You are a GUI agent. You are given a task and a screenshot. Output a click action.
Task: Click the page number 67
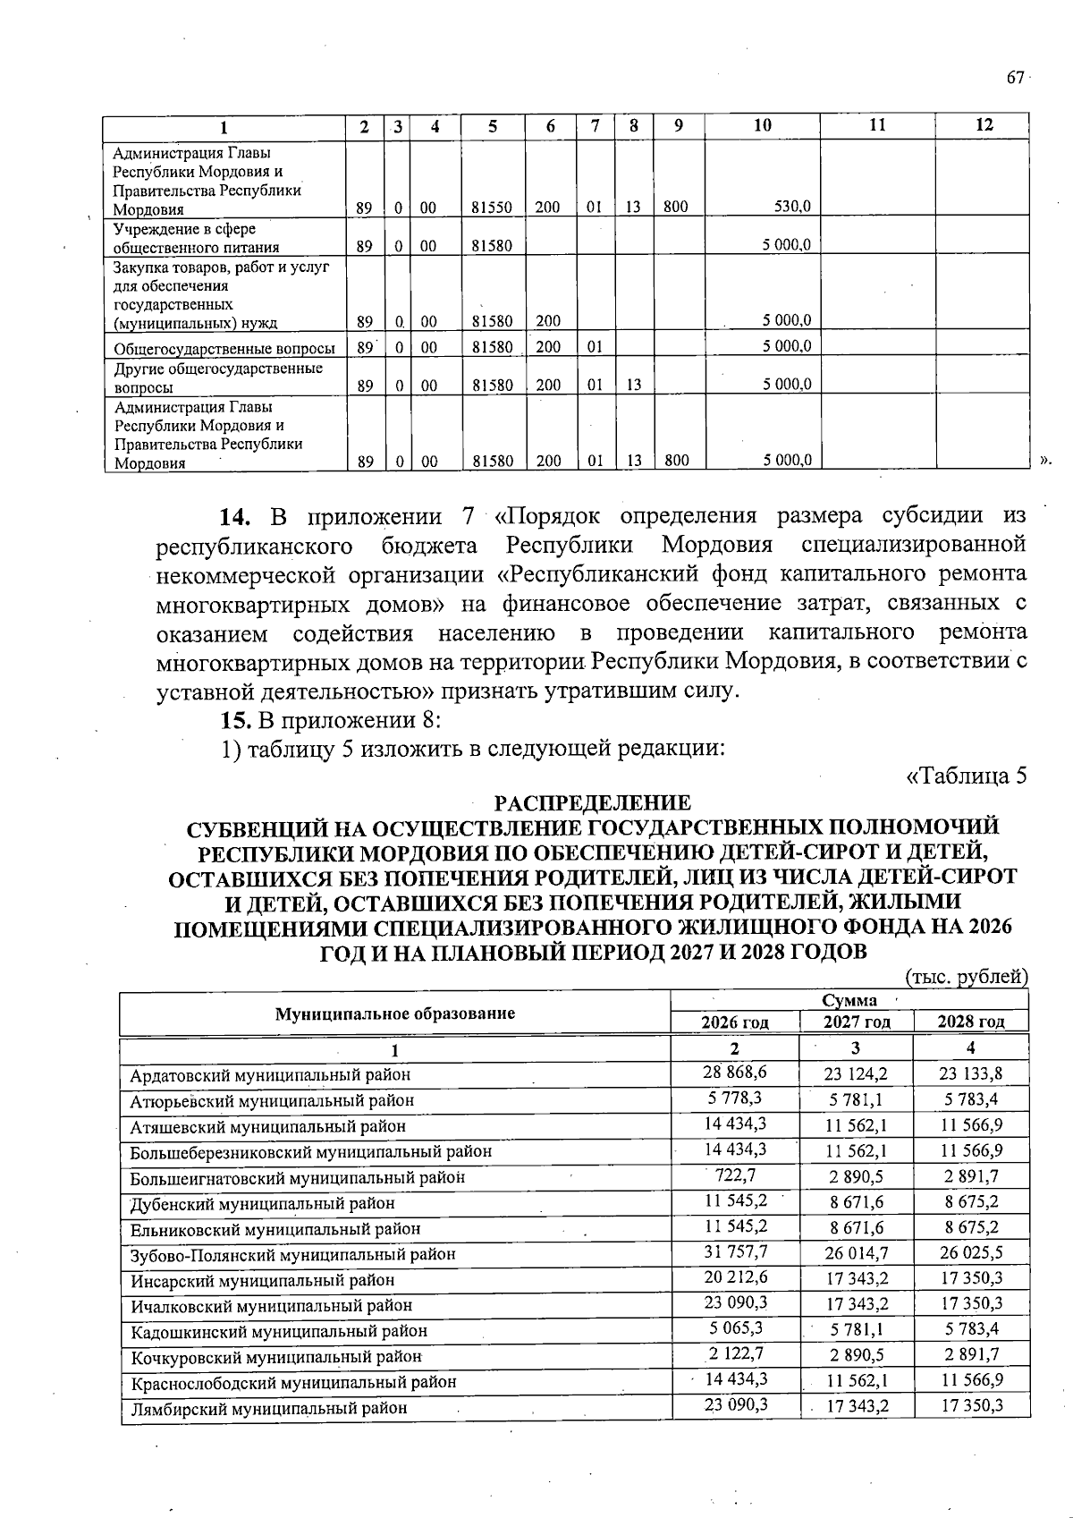tap(1015, 78)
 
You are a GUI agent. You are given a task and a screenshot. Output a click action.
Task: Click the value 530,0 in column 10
tap(793, 207)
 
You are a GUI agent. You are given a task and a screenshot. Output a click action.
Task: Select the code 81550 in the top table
tap(492, 208)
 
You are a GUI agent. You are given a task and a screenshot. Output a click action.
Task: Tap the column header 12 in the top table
tap(984, 125)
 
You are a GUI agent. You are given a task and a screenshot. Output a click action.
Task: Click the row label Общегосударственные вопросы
tap(224, 349)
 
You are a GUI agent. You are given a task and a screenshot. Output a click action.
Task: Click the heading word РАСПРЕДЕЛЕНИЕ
tap(593, 802)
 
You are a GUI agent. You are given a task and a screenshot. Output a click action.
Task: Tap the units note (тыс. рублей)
tap(967, 976)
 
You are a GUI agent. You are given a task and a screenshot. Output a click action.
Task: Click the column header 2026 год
tap(735, 1022)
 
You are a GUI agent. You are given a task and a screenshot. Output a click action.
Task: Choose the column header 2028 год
tap(971, 1022)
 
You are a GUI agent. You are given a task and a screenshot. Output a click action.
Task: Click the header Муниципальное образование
tap(395, 1013)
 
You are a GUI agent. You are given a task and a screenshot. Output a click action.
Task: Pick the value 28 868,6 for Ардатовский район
tap(735, 1072)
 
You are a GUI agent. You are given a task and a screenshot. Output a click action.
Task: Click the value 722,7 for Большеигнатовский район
tap(736, 1175)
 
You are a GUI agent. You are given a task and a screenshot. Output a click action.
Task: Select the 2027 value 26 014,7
tap(857, 1253)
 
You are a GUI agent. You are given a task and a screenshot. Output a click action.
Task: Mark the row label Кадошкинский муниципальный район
tap(279, 1331)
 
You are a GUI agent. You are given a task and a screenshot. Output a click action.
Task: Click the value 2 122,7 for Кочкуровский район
tap(736, 1353)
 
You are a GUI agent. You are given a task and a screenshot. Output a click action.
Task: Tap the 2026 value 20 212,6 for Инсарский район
tap(735, 1277)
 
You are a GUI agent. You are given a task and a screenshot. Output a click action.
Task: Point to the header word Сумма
tap(849, 1000)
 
